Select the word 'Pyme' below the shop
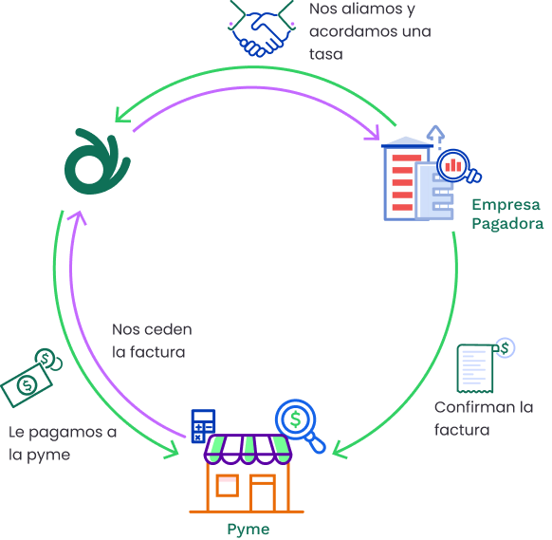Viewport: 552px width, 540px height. [248, 530]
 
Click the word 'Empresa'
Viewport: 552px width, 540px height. [506, 205]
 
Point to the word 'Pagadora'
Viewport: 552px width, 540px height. [507, 224]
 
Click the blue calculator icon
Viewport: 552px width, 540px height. [203, 425]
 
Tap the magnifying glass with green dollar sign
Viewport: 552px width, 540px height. [300, 425]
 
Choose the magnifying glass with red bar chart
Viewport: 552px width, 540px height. [458, 166]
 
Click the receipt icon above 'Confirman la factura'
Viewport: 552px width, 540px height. [485, 365]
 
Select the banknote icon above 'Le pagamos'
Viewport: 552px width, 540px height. [31, 379]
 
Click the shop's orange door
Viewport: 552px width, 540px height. [263, 493]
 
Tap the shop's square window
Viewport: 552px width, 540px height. [228, 485]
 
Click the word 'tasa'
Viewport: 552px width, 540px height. [326, 55]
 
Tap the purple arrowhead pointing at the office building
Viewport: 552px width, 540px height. [374, 133]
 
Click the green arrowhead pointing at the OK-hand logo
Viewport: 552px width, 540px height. [121, 115]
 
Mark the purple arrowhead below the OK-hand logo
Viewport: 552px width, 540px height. [78, 216]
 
